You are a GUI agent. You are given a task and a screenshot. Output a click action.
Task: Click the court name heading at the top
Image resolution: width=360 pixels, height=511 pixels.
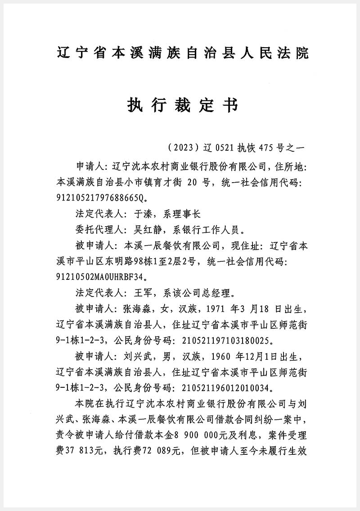point(183,53)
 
